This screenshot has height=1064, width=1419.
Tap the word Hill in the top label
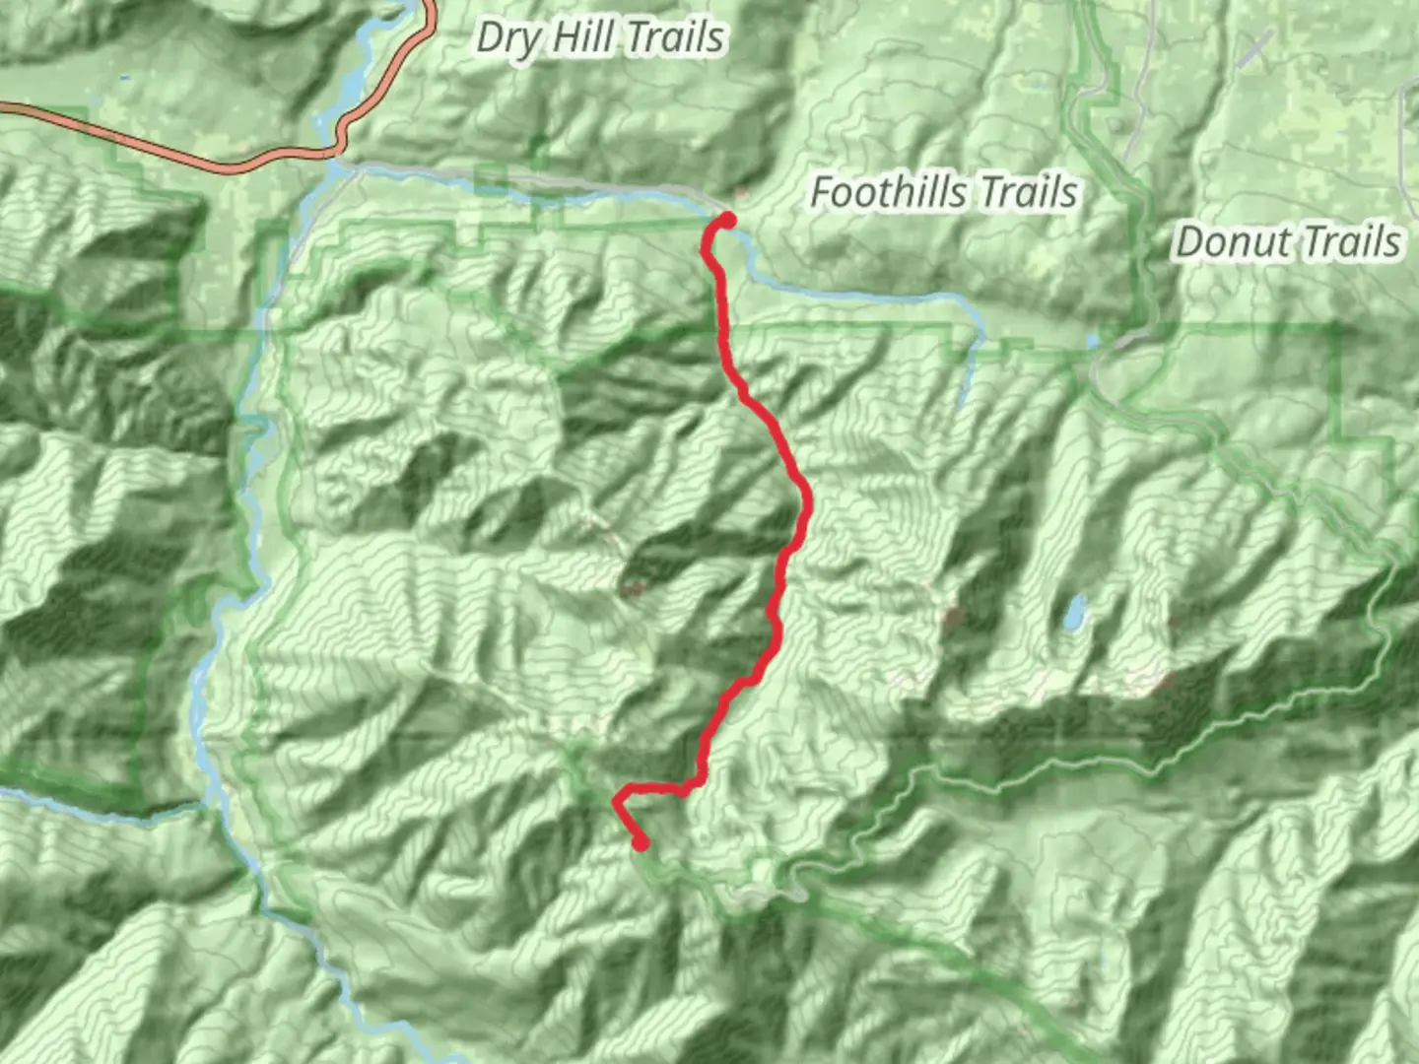point(584,37)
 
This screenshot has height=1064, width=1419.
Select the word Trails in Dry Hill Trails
point(675,37)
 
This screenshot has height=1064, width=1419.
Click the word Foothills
point(888,192)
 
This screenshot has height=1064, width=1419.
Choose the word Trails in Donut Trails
point(1349,242)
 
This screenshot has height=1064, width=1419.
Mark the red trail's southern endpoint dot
point(642,842)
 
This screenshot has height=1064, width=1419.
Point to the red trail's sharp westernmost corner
point(617,799)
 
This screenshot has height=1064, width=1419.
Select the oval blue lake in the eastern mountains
point(1073,612)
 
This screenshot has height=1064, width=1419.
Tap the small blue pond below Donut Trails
point(1093,341)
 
